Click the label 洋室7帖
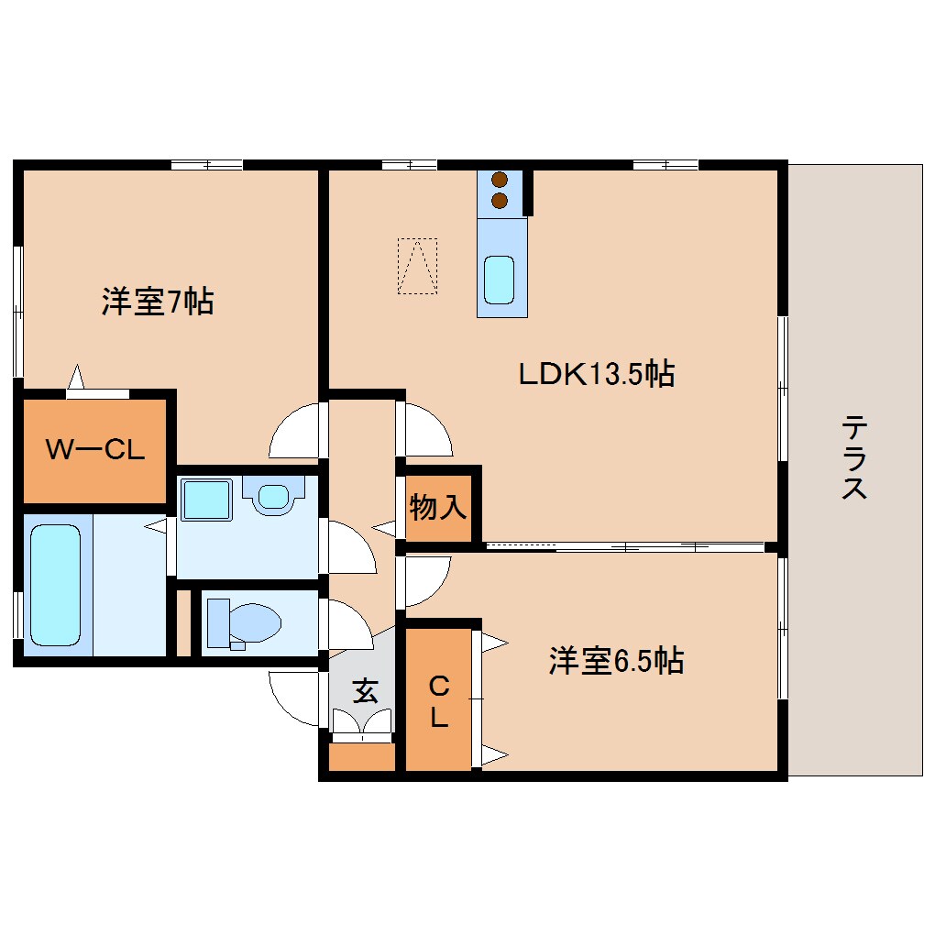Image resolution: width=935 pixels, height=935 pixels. click(158, 302)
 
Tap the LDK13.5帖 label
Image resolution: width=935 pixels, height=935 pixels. click(597, 374)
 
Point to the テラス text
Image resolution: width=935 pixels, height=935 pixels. click(854, 457)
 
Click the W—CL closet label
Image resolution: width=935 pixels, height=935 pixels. click(95, 450)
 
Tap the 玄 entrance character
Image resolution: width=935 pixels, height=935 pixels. click(366, 692)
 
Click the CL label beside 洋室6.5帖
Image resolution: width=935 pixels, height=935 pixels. click(439, 701)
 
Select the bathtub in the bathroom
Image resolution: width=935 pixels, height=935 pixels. click(55, 584)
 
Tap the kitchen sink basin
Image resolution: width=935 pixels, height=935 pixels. click(500, 280)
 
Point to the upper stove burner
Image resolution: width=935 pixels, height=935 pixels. click(500, 181)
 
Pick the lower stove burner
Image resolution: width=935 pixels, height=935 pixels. click(500, 200)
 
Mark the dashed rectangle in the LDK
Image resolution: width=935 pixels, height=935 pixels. click(417, 266)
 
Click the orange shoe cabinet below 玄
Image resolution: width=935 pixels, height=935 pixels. click(361, 757)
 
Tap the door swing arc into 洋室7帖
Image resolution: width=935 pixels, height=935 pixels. click(295, 431)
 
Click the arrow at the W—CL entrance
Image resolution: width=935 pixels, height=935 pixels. click(77, 376)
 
